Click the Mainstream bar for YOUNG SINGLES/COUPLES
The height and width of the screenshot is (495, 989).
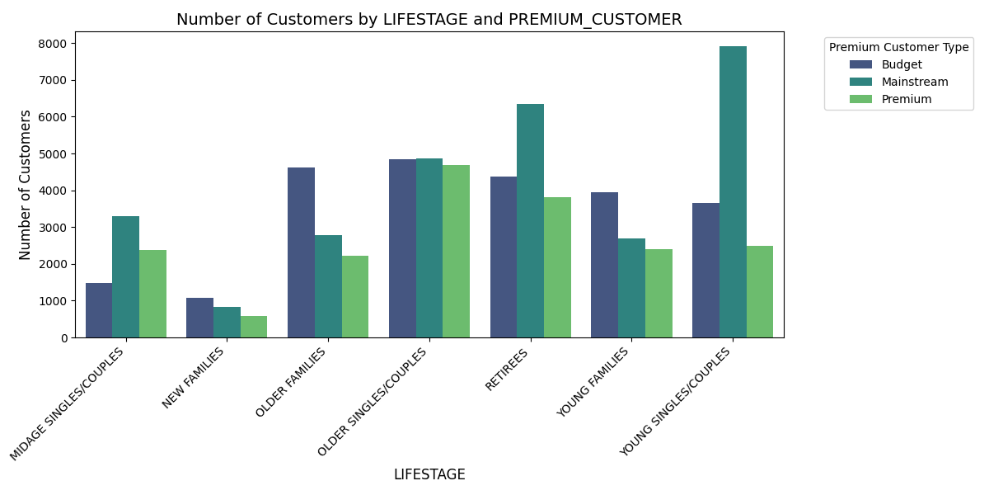[x=733, y=192]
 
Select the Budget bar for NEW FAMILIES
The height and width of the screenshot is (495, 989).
[x=199, y=318]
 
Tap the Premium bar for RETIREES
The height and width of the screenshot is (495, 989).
[x=557, y=267]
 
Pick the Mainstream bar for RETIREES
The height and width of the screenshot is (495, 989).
[x=530, y=221]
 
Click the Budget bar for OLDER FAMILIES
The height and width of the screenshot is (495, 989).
[x=301, y=252]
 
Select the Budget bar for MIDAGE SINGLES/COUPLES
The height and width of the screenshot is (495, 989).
[x=99, y=310]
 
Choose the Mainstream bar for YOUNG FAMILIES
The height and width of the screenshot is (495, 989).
[x=631, y=288]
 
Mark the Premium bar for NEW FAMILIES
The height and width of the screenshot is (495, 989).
[x=254, y=327]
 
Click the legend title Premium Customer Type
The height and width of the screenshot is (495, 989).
[x=898, y=47]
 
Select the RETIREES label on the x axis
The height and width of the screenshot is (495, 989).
[x=507, y=370]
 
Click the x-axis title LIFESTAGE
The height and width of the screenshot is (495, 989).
[x=429, y=474]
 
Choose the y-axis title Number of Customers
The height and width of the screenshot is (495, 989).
[x=26, y=185]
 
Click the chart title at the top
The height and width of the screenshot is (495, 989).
[x=429, y=19]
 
